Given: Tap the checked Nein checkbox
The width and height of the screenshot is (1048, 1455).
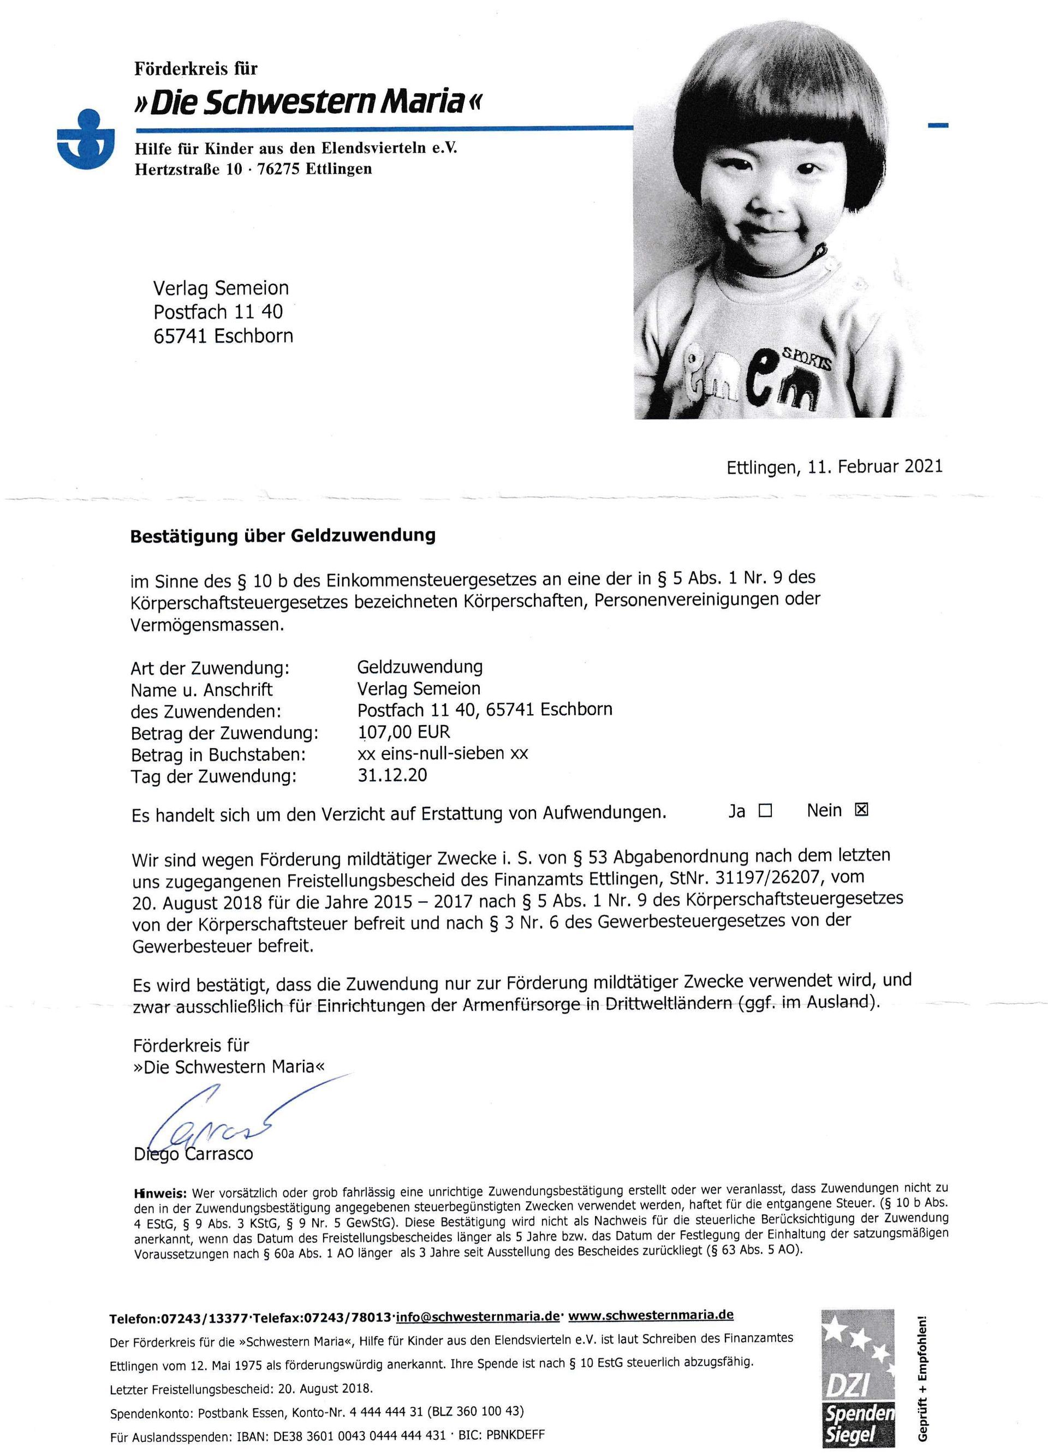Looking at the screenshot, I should pos(861,810).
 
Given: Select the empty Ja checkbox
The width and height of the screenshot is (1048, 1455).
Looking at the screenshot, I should pos(764,811).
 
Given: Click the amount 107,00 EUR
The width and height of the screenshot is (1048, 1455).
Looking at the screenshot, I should pos(404,732).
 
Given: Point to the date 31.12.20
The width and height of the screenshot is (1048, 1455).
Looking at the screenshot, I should pos(392,775).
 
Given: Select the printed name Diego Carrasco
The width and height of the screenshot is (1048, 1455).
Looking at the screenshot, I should pos(193,1154).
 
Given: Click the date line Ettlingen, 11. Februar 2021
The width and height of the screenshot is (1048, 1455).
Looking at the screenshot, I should pos(834,467).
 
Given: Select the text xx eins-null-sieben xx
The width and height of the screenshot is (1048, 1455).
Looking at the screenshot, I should pos(442,753).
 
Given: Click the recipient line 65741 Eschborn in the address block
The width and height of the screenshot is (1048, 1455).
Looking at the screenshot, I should pos(223,336).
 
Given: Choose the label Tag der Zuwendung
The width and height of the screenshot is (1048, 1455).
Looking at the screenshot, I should pos(214,776).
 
